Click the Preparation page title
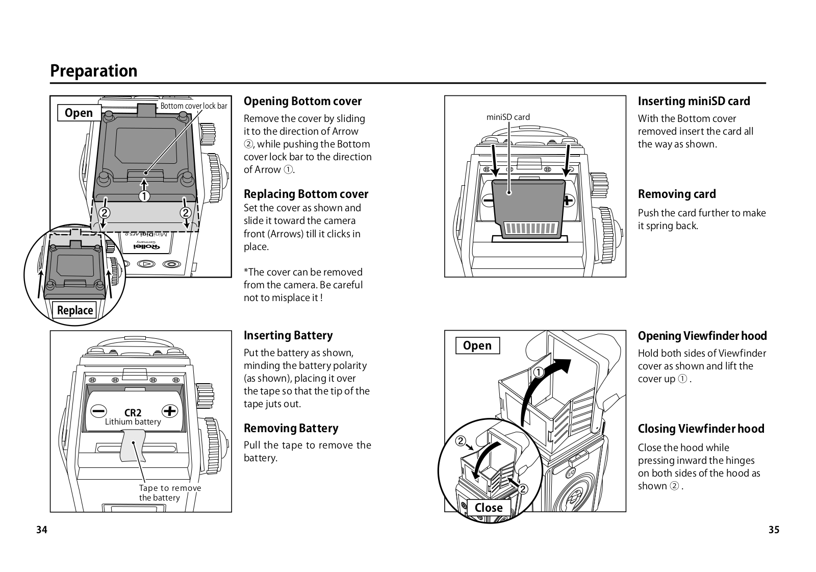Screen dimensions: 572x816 point(94,70)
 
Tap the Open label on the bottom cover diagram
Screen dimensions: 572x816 point(79,113)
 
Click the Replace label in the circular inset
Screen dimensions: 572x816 point(75,310)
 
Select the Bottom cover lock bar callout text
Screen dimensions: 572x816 point(194,106)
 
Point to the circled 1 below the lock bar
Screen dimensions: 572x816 point(145,196)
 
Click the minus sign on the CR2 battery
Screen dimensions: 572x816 point(99,411)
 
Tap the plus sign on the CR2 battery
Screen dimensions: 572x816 point(169,411)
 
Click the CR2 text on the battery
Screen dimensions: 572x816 point(133,412)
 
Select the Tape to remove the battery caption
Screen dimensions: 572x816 point(170,493)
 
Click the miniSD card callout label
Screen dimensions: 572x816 point(508,117)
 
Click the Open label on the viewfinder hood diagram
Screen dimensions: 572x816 point(477,345)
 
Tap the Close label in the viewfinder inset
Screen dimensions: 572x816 point(489,507)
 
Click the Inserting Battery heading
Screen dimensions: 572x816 point(288,335)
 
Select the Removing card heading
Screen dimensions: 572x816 point(677,194)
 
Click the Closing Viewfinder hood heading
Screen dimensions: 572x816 point(701,429)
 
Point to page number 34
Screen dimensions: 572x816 point(42,530)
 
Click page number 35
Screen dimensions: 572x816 point(774,530)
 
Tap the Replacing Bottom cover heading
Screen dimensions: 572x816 point(306,194)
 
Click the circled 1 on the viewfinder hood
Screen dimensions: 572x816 point(538,372)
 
